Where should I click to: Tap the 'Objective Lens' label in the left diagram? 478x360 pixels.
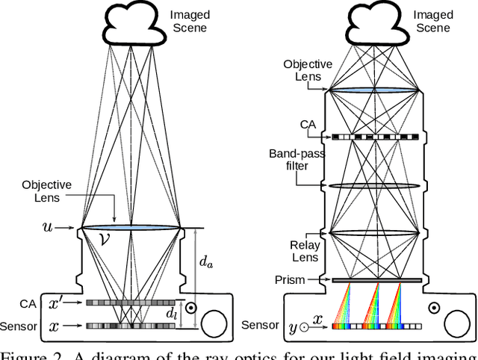click(46, 191)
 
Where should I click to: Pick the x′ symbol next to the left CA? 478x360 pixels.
click(56, 303)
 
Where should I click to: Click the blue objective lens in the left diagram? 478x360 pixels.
click(131, 227)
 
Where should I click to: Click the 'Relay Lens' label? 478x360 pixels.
click(304, 250)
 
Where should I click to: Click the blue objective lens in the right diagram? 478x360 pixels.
click(372, 90)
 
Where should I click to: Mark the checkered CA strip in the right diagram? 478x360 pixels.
click(372, 137)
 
